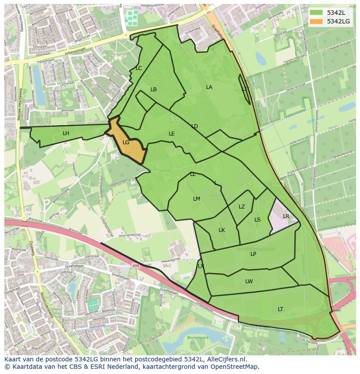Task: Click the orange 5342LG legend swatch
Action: pos(317,21)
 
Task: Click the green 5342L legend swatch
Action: pos(317,13)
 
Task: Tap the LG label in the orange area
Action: pos(126,142)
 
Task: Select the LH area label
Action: pos(66,133)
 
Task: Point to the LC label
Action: pos(139,68)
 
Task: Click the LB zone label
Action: pos(153,89)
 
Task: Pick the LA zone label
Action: pos(209,87)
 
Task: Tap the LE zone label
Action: pos(172,134)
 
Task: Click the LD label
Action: pos(194,126)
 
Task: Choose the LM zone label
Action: pos(197,199)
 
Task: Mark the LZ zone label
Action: pos(242,207)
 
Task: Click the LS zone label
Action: pos(257,220)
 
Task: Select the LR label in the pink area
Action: pos(286,216)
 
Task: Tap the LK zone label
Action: pos(222,230)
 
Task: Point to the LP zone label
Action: pos(253,254)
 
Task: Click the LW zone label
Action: pos(249,281)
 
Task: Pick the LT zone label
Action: pos(280,309)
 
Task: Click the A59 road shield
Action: pos(137,266)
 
